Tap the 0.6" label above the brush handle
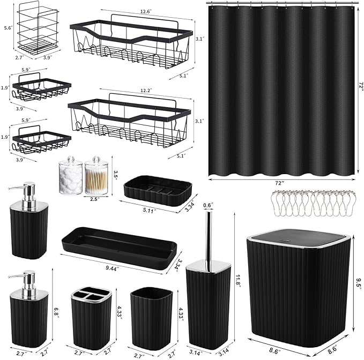coord(209,204)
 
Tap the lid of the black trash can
coord(295,236)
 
